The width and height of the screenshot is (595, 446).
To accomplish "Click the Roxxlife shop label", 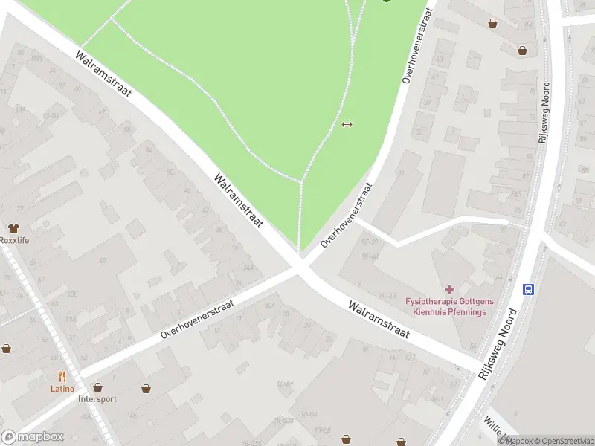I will (14, 240).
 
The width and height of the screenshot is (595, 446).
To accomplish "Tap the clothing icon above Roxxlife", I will (13, 228).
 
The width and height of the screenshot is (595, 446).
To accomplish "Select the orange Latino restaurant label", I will (62, 389).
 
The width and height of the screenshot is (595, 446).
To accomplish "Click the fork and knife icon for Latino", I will (62, 377).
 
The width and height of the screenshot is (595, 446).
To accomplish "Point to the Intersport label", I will (97, 398).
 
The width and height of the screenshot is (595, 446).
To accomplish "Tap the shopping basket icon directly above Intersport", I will (97, 387).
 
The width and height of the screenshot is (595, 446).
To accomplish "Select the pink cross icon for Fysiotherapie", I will (449, 288).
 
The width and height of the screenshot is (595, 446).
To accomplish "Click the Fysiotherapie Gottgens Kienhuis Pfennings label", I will (446, 306).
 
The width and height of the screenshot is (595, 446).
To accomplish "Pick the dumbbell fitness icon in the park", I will (346, 124).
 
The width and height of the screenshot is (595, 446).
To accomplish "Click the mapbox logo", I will (33, 437).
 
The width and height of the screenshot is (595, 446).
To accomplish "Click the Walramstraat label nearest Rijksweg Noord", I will (379, 320).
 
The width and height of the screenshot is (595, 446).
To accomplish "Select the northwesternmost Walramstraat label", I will (103, 74).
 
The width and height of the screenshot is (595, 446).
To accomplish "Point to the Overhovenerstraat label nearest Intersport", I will (197, 320).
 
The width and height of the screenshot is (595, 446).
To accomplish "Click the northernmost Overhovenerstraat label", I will (416, 45).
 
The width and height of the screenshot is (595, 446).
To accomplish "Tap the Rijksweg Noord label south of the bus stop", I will (497, 344).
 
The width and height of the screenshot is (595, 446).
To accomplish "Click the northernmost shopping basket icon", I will (492, 23).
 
